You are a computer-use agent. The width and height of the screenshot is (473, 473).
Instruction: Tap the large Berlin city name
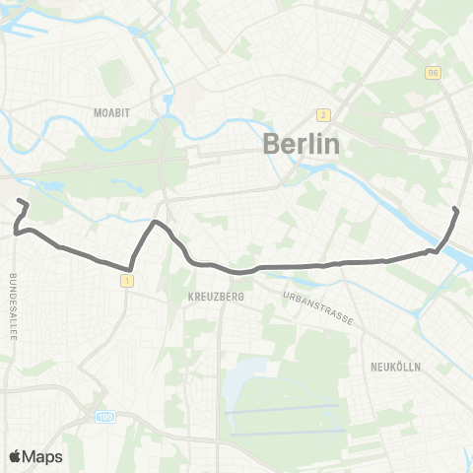pyautogui.click(x=302, y=144)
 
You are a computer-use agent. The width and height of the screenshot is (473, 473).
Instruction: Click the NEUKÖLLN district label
pyautogui.click(x=396, y=366)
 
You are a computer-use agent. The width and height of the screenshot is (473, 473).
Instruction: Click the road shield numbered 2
pyautogui.click(x=322, y=113)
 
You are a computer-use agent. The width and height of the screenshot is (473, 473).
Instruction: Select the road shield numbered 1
pyautogui.click(x=127, y=282)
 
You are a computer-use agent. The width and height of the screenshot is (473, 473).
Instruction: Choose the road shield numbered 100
pyautogui.click(x=105, y=418)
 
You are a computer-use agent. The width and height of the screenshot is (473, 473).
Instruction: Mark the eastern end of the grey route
pyautogui.click(x=455, y=210)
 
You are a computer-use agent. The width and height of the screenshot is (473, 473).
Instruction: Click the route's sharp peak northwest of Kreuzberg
pyautogui.click(x=153, y=222)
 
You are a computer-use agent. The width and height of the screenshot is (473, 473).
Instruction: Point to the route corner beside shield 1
pyautogui.click(x=130, y=268)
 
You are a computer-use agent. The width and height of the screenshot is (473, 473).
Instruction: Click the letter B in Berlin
pyautogui.click(x=273, y=144)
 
